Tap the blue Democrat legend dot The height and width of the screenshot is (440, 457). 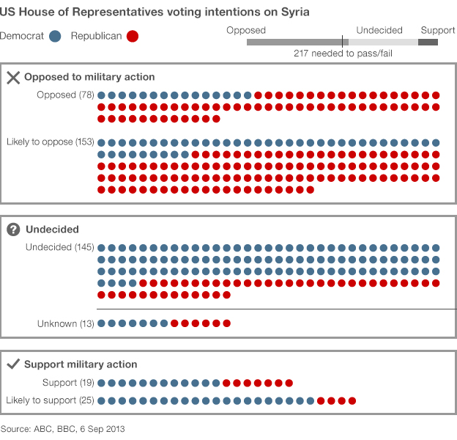point(55,36)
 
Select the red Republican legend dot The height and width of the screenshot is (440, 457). point(133,36)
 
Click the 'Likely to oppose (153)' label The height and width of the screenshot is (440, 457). point(51,142)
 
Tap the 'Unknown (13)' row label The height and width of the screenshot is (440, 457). point(66,323)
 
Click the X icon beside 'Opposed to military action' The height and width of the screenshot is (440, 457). point(13,77)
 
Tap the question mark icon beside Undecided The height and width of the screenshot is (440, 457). point(13,230)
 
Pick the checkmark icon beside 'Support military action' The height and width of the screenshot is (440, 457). point(13,364)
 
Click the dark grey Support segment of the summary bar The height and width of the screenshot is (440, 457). point(428,42)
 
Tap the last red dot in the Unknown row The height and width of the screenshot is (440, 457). point(227,323)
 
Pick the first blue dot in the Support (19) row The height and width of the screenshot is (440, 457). point(101,383)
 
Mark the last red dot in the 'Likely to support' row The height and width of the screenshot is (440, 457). point(352,400)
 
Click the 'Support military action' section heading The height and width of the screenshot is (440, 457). point(81,364)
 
